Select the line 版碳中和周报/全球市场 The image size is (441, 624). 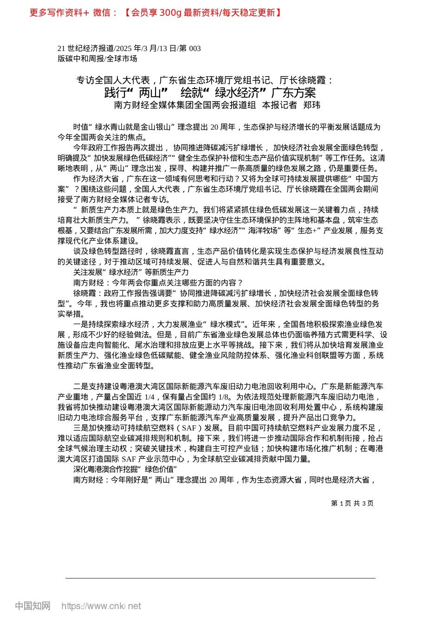click(x=97, y=58)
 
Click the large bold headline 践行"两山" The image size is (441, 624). click(x=136, y=92)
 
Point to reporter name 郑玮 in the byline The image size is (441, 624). click(x=311, y=105)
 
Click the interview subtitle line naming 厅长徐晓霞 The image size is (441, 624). click(x=204, y=80)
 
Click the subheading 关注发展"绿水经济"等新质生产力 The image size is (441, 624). click(x=131, y=272)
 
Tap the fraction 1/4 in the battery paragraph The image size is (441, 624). click(x=149, y=397)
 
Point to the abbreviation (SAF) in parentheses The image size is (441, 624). click(x=189, y=428)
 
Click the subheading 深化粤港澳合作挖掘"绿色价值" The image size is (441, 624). click(x=125, y=469)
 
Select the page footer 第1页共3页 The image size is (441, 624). click(x=352, y=503)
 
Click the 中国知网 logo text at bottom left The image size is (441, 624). click(x=32, y=606)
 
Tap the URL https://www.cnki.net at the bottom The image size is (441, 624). click(x=101, y=606)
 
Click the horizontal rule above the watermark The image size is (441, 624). click(x=220, y=578)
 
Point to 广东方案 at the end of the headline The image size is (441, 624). click(x=293, y=92)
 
